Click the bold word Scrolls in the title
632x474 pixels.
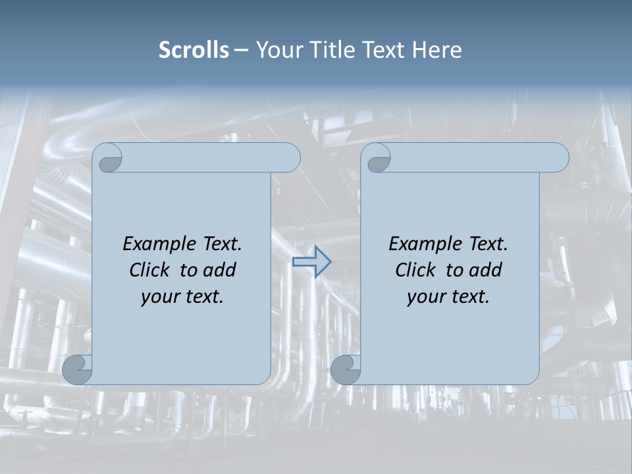tap(194, 50)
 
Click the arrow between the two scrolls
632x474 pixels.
tap(311, 262)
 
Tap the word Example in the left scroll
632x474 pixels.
tap(159, 244)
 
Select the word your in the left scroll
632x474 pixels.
tap(159, 297)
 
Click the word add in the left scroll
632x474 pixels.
tap(219, 270)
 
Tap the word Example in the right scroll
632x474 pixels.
tap(425, 244)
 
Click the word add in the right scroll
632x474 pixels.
tap(485, 270)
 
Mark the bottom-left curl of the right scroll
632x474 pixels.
tap(346, 369)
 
